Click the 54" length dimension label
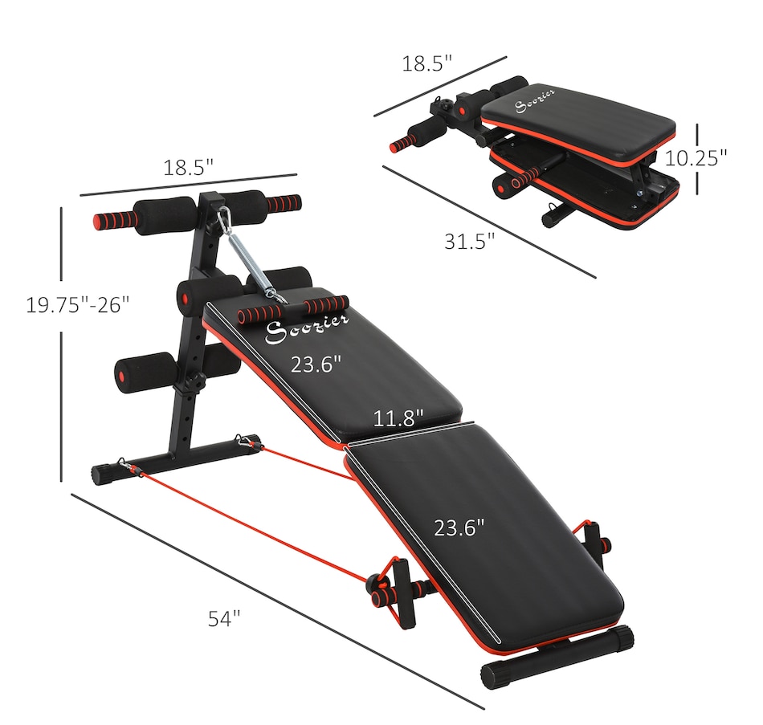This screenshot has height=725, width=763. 224,618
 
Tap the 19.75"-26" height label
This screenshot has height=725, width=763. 77,305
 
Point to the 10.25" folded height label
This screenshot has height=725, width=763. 696,157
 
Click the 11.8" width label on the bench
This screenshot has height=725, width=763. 398,418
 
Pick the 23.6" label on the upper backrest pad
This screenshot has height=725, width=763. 316,364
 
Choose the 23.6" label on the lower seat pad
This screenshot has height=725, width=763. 459,527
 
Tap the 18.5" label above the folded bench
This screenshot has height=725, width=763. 428,64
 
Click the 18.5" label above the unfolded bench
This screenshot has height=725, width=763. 189,169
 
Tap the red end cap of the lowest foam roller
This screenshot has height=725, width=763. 124,375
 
